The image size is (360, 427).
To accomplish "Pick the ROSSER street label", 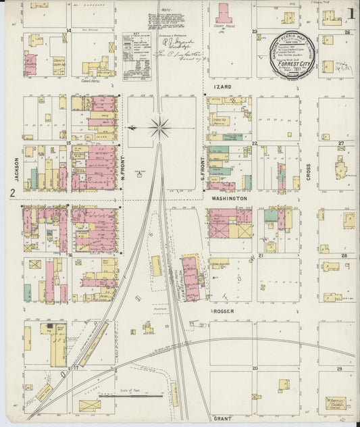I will point(222,312).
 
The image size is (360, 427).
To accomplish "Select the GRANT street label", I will point(222,418).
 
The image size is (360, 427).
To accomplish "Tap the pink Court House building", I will point(224,13).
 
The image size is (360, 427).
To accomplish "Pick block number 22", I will point(255,144).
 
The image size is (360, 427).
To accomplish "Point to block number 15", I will point(70,144).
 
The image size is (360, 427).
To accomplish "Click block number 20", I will point(255,369).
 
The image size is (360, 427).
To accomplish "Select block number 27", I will point(342,144).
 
